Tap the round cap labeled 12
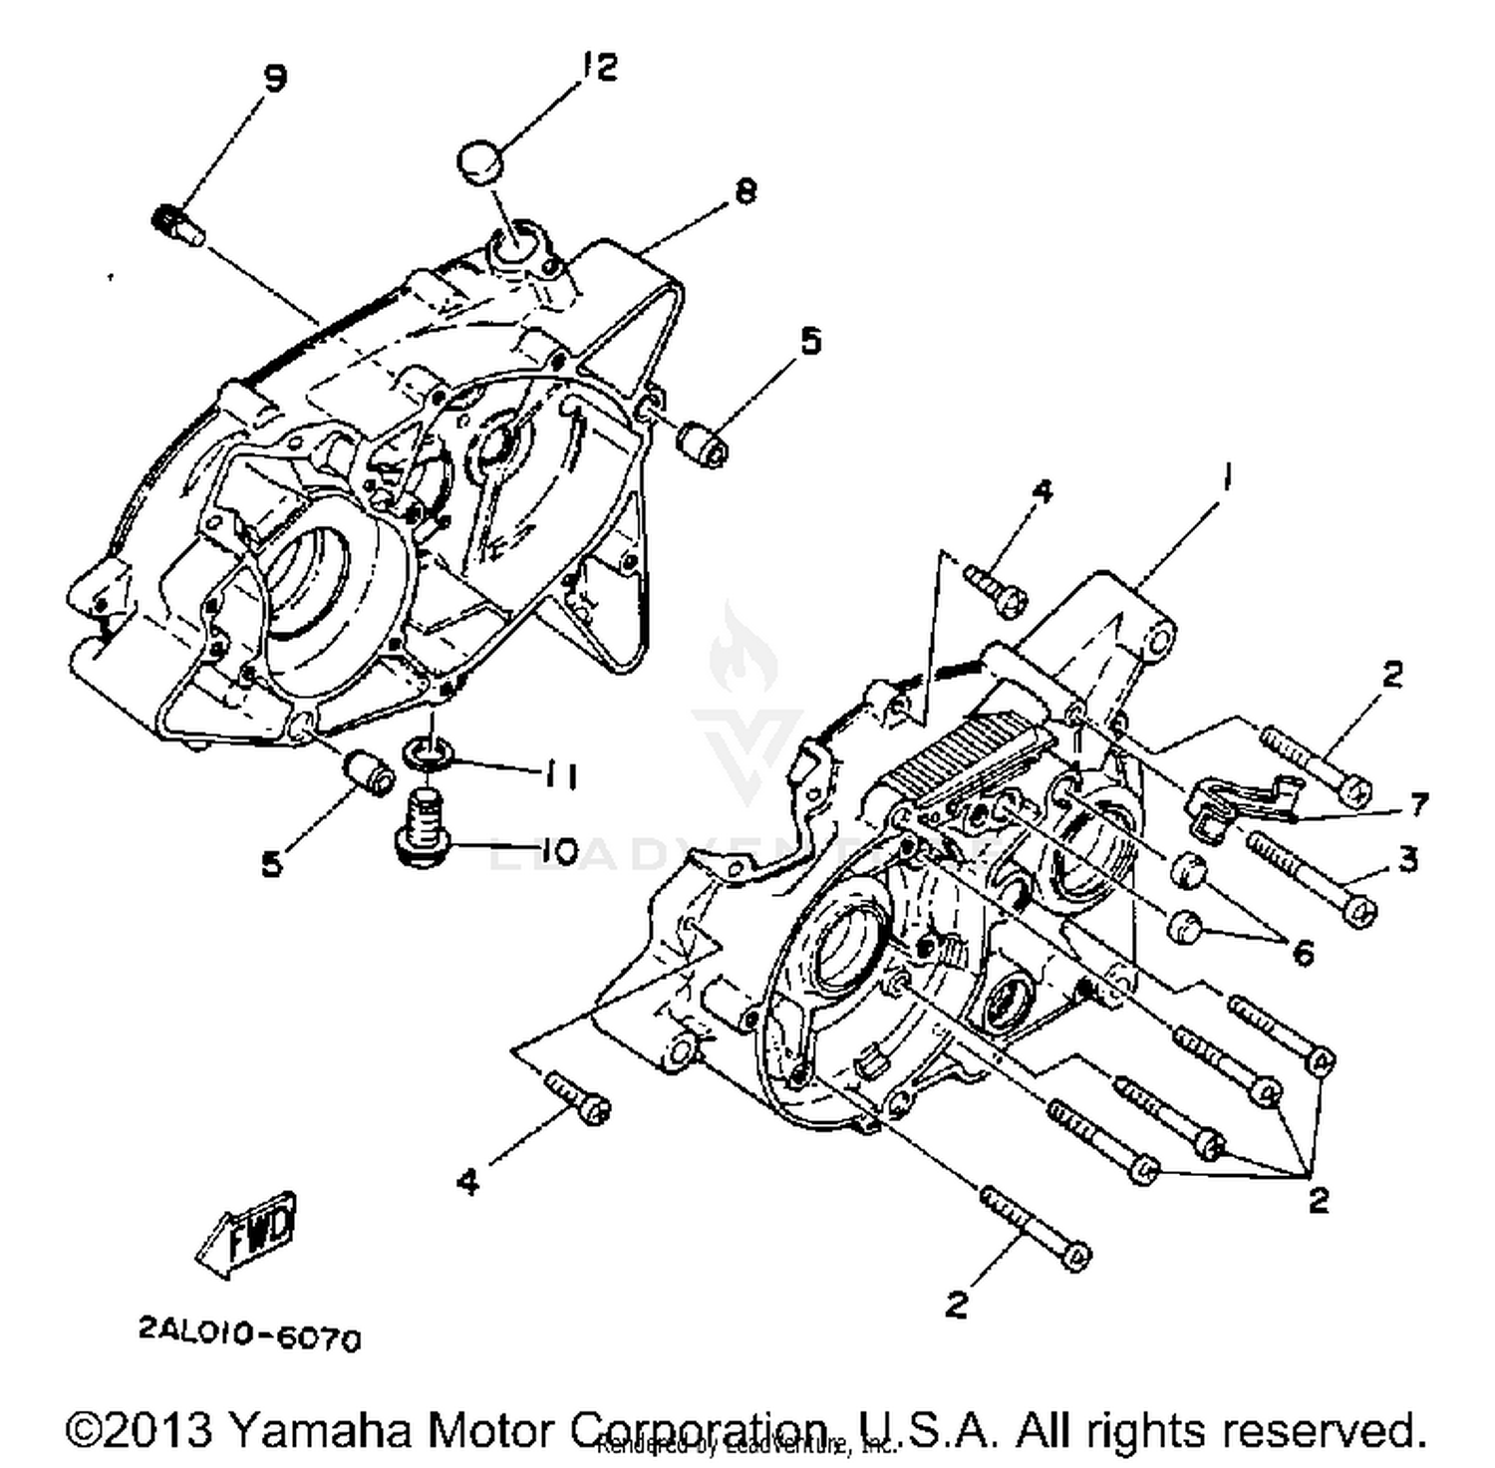coord(480,162)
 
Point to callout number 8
coord(745,190)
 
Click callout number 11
coord(559,774)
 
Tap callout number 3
coord(1407,858)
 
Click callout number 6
coord(1303,953)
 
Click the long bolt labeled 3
coord(1309,875)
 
